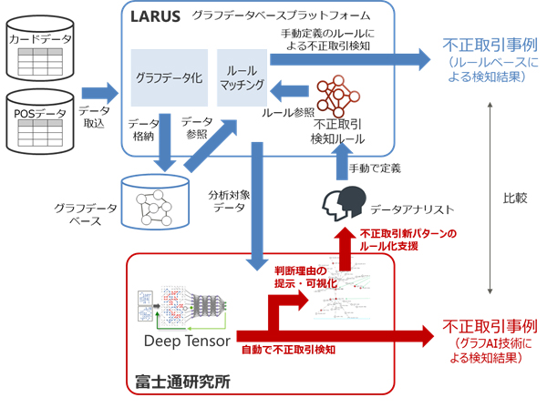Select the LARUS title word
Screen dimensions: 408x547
coord(156,15)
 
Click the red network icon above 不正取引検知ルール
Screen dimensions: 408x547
coord(338,94)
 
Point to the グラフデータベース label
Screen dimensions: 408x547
coord(86,215)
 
